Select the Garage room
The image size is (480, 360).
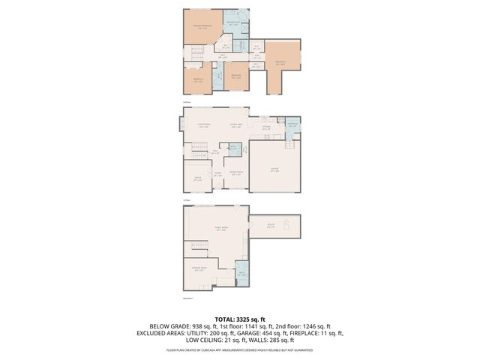click(x=274, y=169)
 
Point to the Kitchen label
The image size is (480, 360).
click(x=266, y=127)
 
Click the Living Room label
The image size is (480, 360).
click(x=203, y=125)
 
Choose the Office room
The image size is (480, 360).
click(x=198, y=179)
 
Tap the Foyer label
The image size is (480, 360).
click(x=218, y=174)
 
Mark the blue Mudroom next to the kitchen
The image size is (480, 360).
click(x=292, y=125)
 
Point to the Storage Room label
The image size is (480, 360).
click(x=198, y=270)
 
